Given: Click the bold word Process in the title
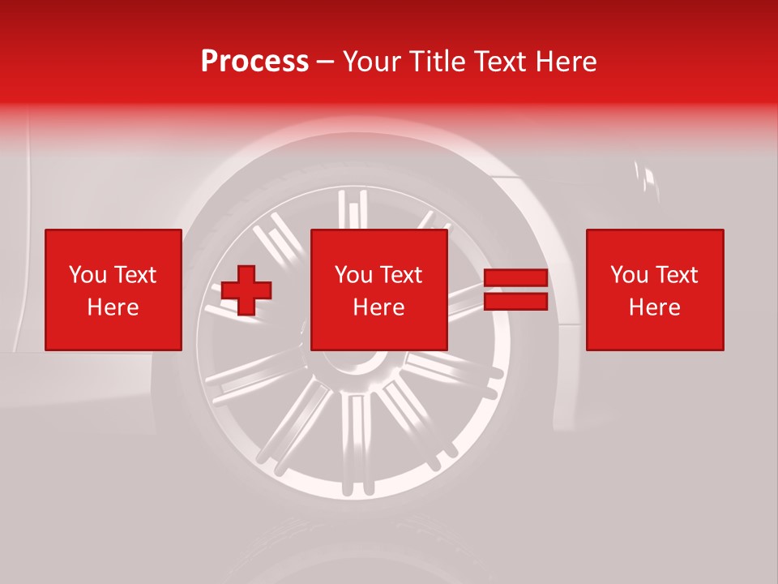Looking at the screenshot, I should [254, 62].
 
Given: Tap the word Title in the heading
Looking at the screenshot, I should [436, 62].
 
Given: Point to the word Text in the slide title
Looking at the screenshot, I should [501, 62].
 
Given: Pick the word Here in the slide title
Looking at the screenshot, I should [566, 62].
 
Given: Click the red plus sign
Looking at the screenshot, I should [246, 290].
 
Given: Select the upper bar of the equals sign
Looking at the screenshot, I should [515, 278].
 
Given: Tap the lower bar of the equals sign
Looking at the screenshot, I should [515, 302].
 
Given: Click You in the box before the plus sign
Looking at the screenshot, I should [86, 275].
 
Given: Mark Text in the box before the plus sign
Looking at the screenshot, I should [134, 275].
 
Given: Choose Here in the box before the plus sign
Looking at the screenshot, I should [113, 307].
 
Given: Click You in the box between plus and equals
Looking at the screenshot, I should [353, 275].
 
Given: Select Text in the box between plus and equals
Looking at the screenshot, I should [400, 275].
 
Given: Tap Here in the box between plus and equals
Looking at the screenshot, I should [378, 307].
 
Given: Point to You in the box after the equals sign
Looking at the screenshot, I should [628, 275].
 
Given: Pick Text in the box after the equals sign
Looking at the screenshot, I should [676, 275].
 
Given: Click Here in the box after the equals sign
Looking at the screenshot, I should [654, 307].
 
